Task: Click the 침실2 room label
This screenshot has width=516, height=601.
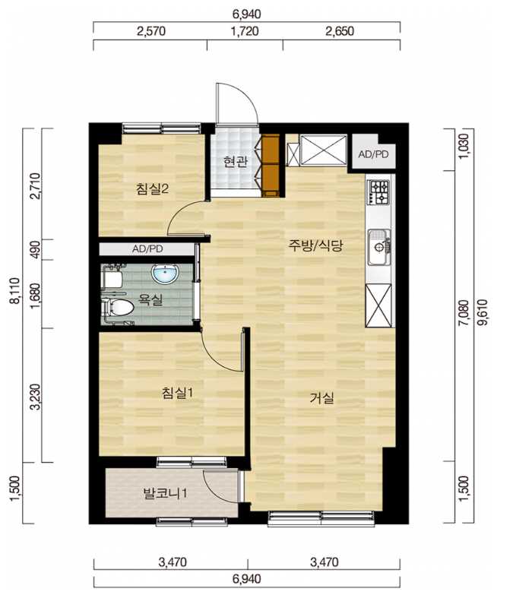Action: point(152,188)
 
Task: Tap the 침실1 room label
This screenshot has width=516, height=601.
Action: point(177,393)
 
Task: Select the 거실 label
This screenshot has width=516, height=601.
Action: point(321,398)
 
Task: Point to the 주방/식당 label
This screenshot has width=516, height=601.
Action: point(315,245)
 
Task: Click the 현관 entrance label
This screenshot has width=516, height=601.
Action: point(236,162)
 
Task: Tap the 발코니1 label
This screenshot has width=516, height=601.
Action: point(165,493)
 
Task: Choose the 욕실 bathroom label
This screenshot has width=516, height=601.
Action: point(150,299)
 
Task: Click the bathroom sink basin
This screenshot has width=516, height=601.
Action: point(165,274)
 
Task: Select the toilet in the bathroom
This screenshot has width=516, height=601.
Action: point(118,308)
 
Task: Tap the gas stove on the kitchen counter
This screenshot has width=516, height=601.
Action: point(379,191)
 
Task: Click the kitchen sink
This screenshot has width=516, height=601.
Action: point(379,247)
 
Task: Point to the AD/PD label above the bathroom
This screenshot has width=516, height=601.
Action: point(147,249)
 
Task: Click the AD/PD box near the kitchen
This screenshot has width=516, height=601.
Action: point(373,154)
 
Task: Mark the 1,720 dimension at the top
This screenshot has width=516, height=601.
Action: point(245,31)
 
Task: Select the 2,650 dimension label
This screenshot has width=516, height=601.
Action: point(340,31)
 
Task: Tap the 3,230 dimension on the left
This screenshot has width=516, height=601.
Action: point(35,397)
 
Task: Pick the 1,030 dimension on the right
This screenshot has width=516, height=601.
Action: point(464,147)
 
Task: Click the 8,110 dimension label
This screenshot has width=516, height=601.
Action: point(15,290)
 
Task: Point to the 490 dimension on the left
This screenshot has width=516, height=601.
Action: point(35,250)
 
